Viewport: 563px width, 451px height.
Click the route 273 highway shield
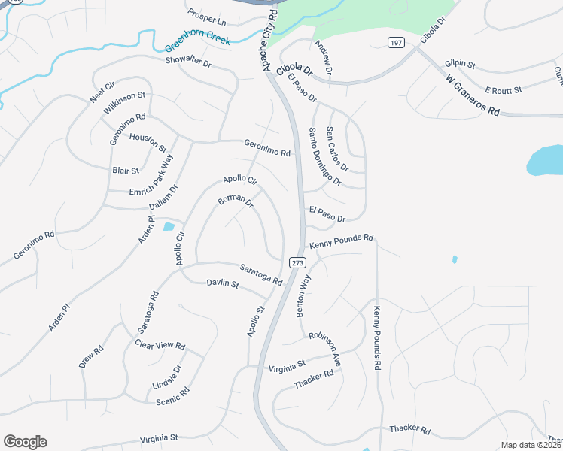[x=297, y=262]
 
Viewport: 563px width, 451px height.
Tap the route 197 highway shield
[x=397, y=43]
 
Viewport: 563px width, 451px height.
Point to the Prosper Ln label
[x=207, y=17]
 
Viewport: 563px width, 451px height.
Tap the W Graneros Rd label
[x=473, y=94]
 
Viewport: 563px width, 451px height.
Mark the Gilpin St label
[x=461, y=65]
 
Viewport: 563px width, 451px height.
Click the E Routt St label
[x=504, y=89]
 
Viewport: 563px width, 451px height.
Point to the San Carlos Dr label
[x=338, y=149]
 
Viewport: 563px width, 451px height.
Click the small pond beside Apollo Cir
[x=169, y=225]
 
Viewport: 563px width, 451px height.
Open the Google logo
[x=25, y=442]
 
